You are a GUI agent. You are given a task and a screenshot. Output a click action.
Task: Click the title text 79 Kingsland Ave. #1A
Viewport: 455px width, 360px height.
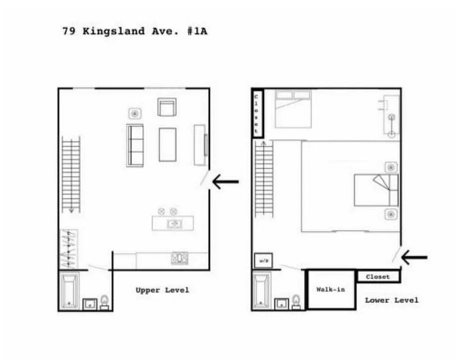134,31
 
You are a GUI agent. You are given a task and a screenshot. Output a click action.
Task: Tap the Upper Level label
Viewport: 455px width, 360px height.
162,290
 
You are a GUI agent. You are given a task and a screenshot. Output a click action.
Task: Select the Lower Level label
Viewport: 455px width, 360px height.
391,300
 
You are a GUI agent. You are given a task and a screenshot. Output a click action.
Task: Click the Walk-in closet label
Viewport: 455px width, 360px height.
330,289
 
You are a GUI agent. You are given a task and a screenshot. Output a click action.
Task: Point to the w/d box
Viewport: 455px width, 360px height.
263,261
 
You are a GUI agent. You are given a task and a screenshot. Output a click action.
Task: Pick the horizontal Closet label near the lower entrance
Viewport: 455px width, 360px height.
378,277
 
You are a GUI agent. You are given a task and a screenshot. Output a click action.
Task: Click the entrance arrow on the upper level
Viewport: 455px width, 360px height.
225,182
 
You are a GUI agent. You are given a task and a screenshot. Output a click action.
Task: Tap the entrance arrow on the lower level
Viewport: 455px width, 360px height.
414,257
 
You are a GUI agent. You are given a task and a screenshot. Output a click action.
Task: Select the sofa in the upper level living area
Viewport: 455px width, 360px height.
135,145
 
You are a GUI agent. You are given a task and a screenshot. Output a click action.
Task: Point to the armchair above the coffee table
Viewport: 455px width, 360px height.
166,107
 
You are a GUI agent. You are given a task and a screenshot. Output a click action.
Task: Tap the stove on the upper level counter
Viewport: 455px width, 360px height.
179,258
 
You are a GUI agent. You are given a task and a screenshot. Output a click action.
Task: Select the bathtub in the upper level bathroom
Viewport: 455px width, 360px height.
70,290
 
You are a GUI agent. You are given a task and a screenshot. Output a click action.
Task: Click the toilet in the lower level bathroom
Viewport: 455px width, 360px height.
296,301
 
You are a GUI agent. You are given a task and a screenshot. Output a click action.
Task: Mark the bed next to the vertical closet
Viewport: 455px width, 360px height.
293,108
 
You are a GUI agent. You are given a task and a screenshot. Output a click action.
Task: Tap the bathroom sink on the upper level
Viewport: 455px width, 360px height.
90,304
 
